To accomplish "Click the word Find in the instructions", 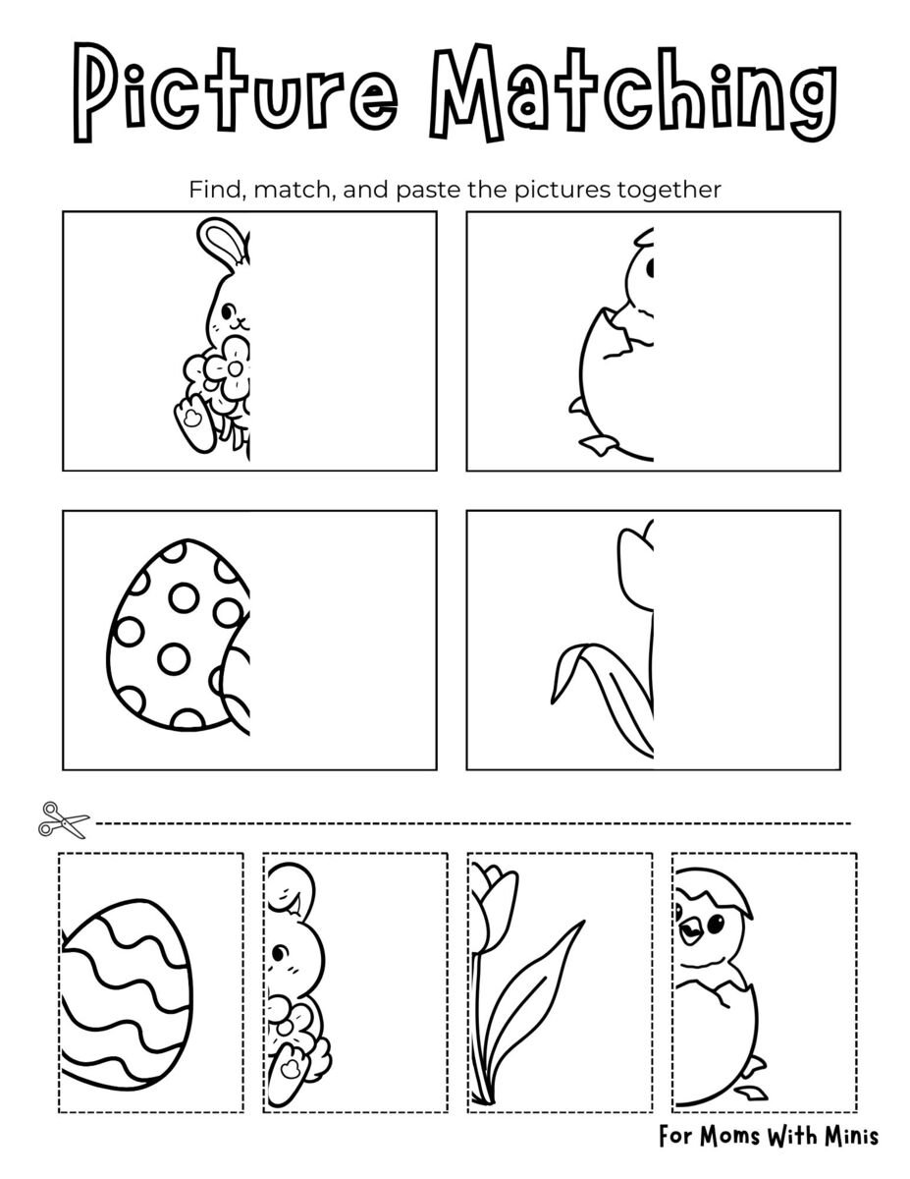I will click(x=214, y=190).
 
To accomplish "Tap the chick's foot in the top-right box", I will click(x=599, y=443).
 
